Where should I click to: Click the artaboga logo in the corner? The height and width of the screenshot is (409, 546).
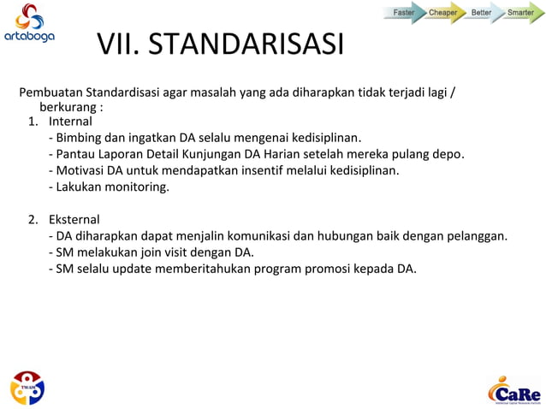pyautogui.click(x=28, y=23)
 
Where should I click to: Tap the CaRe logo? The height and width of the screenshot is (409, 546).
pyautogui.click(x=514, y=390)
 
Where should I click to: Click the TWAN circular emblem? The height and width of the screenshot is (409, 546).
pyautogui.click(x=27, y=388)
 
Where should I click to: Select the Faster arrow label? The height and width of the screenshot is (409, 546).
pyautogui.click(x=404, y=13)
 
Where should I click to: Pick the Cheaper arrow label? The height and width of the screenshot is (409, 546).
pyautogui.click(x=443, y=13)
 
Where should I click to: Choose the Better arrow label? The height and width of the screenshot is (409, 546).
pyautogui.click(x=482, y=13)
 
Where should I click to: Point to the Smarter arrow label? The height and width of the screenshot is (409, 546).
pyautogui.click(x=520, y=13)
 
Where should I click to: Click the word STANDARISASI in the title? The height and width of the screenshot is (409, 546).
pyautogui.click(x=246, y=43)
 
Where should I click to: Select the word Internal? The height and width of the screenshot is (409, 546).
pyautogui.click(x=70, y=122)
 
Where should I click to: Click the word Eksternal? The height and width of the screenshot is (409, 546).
pyautogui.click(x=74, y=219)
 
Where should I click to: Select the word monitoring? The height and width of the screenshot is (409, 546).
pyautogui.click(x=139, y=187)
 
